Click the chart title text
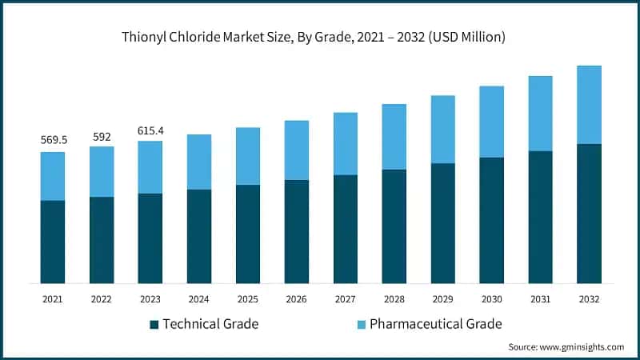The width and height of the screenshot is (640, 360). point(320,37)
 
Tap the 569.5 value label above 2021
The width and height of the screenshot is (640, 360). point(54,140)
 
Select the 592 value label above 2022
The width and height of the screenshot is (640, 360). point(102,136)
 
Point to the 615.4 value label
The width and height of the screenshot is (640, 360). point(150,130)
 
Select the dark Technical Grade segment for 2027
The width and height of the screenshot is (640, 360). point(346,229)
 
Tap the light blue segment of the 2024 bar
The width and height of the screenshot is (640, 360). point(199,162)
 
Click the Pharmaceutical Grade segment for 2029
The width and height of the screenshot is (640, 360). point(443,130)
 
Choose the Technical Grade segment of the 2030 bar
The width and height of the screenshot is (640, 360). point(492,220)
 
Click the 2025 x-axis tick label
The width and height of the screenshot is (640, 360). point(248,298)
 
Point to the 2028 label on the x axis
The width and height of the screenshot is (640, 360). point(394,298)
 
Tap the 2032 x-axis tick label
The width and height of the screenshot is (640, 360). point(589,298)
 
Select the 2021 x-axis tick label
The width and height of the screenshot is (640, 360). point(53,298)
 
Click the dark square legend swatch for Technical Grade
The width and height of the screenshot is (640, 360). point(154,324)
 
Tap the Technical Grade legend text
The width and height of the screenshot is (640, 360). point(211,324)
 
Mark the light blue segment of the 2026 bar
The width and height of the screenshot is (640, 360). point(297,150)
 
